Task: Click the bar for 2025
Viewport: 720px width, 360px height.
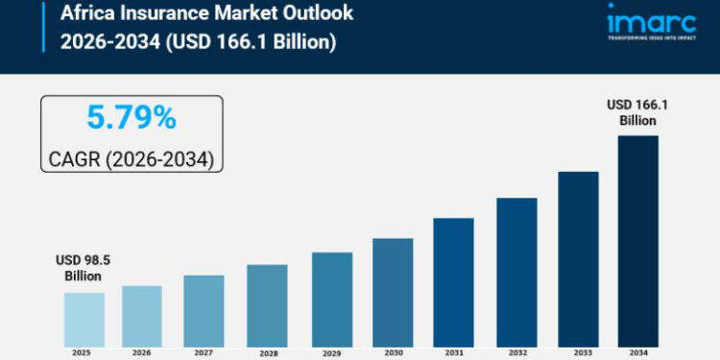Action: [x=84, y=319]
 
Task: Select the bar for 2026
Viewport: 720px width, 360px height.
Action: [x=142, y=315]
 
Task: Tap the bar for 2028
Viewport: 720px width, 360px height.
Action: [x=267, y=304]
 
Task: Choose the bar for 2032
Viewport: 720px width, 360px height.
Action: [x=516, y=272]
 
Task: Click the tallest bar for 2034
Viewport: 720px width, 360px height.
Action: [x=637, y=240]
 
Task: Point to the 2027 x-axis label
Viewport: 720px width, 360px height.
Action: [x=204, y=352]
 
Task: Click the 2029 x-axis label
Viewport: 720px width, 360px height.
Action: [x=330, y=352]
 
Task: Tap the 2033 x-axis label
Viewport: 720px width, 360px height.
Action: [x=578, y=352]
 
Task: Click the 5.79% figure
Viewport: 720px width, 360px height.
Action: [x=132, y=118]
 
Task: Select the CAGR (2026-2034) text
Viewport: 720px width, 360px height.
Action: [x=132, y=157]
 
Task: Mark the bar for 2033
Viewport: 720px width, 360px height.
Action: [x=578, y=258]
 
